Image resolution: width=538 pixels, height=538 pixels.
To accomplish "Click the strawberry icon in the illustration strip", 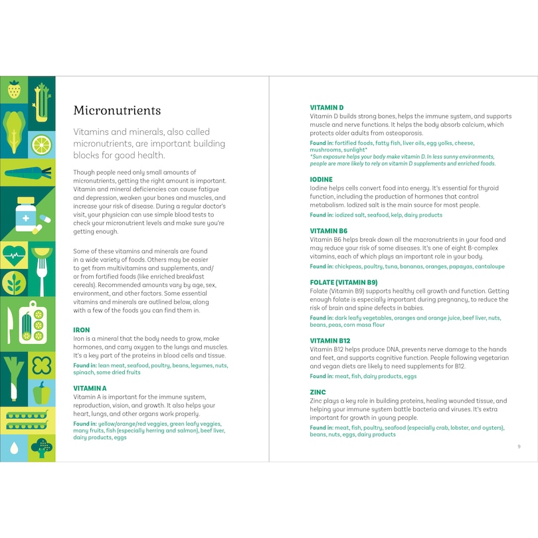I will pos(14,90).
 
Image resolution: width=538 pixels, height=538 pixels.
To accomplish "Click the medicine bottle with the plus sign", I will pos(27,214).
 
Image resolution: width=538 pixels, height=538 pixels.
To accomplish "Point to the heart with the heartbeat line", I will pos(14,254).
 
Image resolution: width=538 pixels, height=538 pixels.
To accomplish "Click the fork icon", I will pos(42,269).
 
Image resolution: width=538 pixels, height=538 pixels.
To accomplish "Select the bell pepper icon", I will pos(42,393).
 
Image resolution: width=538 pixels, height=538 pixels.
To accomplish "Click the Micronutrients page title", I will pos(117,110).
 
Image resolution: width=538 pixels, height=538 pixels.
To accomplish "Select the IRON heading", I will pos(81,330).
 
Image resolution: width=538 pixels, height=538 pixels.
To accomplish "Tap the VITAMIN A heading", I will pos(90,388).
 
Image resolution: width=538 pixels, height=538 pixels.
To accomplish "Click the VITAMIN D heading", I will pos(327,107).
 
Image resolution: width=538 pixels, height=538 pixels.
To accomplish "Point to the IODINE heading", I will pos(321,179).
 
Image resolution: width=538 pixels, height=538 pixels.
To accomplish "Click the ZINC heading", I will pos(317,393).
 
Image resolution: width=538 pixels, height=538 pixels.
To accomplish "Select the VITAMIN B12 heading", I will pos(330,341).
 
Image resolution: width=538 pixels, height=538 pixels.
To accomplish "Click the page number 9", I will pos(519,446).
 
